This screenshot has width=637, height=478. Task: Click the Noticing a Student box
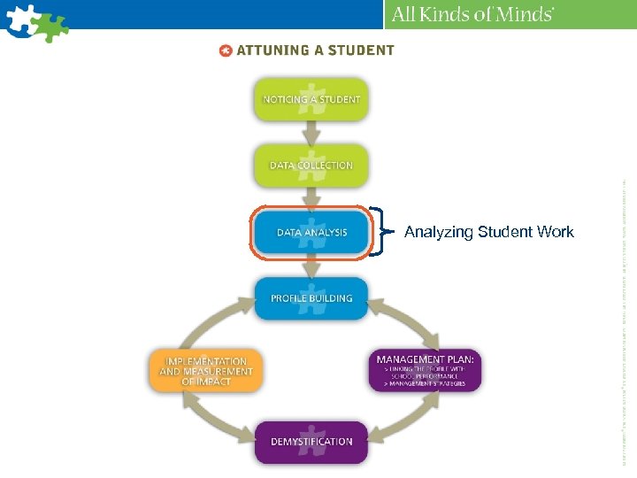click(x=311, y=99)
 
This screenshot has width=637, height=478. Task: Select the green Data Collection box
click(x=311, y=165)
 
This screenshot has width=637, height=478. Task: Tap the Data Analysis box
click(x=311, y=233)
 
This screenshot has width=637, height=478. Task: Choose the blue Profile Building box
click(x=311, y=298)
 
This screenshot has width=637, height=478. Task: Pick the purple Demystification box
click(x=311, y=441)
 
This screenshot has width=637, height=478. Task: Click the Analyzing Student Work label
click(x=488, y=232)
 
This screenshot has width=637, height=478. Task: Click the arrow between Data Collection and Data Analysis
click(x=311, y=198)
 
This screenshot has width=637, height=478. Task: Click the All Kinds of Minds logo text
click(x=472, y=14)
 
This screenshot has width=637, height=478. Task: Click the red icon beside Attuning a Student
click(x=226, y=50)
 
